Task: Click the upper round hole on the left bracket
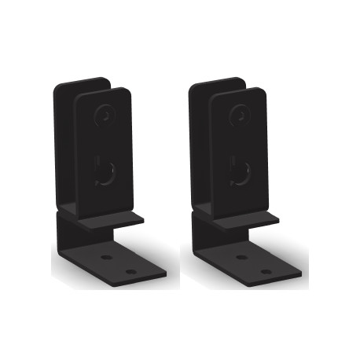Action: pos(102,116)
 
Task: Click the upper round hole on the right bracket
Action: pos(237,116)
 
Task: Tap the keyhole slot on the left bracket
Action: pos(101,169)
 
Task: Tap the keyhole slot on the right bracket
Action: pos(237,169)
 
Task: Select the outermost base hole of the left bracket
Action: pos(131,271)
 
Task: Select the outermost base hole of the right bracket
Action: pos(266,271)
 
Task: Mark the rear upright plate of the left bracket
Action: pos(66,141)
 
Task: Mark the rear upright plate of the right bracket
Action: pos(201,141)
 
